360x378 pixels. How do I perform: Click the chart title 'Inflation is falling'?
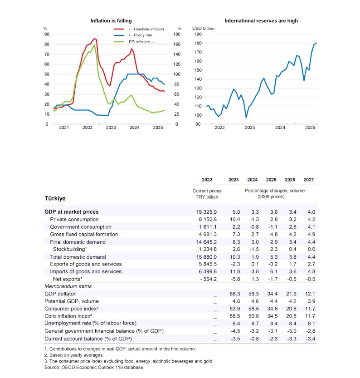coord(111,21)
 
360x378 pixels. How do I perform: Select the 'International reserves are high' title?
coord(261,21)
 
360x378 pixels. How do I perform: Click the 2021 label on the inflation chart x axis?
coord(64,128)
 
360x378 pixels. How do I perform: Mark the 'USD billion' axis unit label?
coord(204,28)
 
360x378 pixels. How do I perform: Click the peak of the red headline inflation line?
coord(95,39)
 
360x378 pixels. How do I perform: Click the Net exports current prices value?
coord(205,279)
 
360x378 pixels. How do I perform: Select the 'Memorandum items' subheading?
coord(68,286)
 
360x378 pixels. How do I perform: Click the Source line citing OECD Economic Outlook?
coord(94,367)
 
